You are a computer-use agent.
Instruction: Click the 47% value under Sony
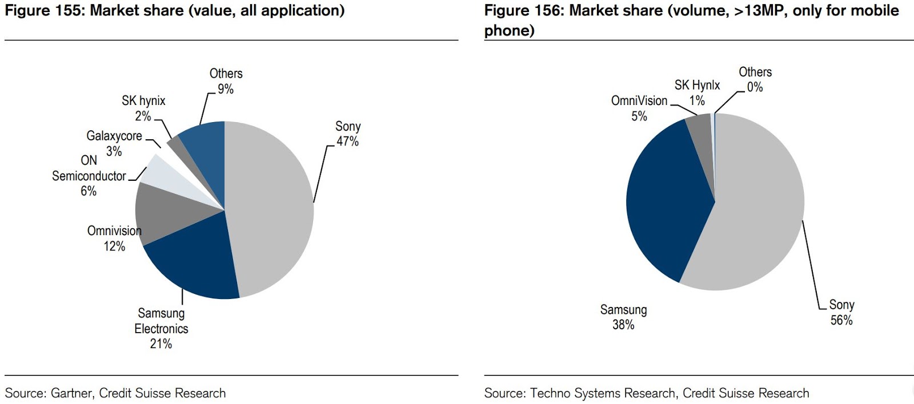coord(347,142)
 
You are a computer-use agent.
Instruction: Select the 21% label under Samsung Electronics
coord(161,344)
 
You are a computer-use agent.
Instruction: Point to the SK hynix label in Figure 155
coord(143,101)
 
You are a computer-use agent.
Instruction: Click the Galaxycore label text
coord(114,136)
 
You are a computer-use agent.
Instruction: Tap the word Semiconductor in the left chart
coord(89,176)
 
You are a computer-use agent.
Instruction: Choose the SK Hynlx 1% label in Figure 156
coord(697,92)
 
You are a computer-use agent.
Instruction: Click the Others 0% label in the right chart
coord(755,79)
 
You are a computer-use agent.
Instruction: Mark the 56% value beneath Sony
coord(841,320)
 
